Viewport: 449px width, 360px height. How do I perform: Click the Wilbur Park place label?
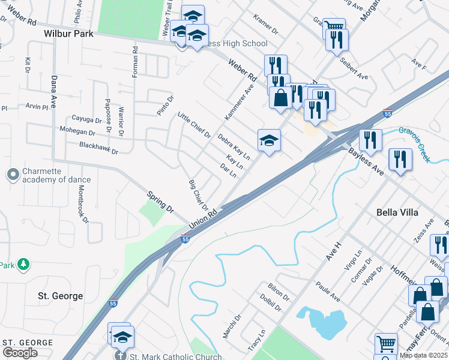[68, 34]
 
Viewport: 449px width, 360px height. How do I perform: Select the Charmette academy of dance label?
[56, 175]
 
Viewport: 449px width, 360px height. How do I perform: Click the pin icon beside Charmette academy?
[12, 175]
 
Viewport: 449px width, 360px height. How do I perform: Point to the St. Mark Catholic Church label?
[167, 356]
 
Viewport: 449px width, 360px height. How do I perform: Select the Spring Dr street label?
[161, 203]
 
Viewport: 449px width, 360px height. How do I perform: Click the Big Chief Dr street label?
[198, 194]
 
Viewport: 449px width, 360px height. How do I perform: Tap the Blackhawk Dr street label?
[98, 148]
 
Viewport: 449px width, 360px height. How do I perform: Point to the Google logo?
[20, 353]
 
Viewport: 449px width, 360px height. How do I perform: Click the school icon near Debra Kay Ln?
[269, 140]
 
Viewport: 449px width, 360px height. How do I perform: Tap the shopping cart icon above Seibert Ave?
[334, 28]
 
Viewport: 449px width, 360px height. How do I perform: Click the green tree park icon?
[23, 264]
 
